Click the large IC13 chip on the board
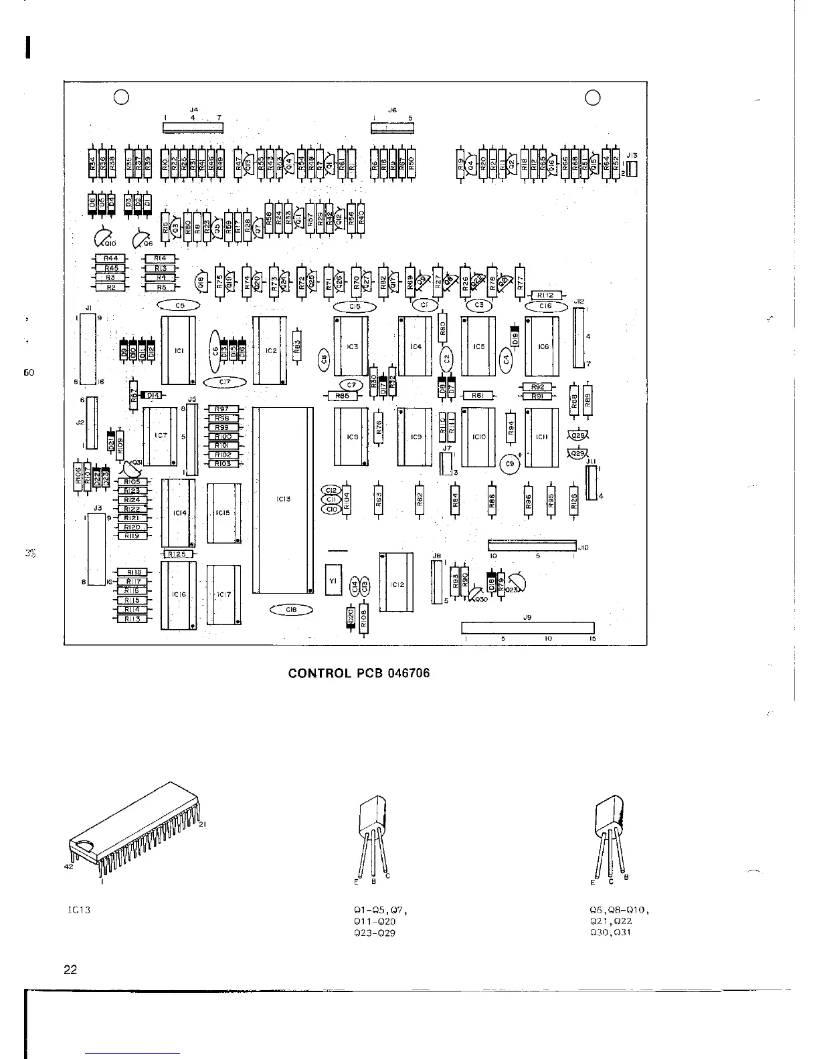click(282, 499)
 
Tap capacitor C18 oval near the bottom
click(291, 610)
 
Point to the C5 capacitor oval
click(179, 306)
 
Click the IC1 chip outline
click(178, 350)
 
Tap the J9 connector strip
click(528, 627)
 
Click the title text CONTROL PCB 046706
click(359, 673)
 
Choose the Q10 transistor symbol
click(103, 238)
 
